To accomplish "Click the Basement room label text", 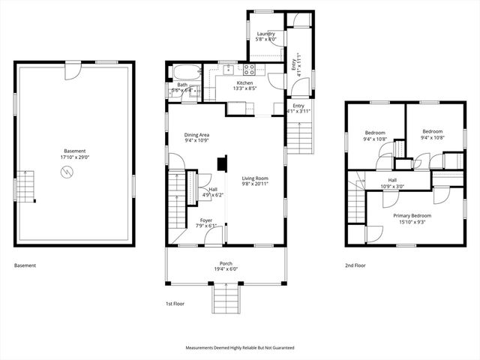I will tap(74, 151).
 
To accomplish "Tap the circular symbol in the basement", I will tap(68, 172).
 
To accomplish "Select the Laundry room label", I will tap(265, 34).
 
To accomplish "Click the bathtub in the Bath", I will tap(187, 73).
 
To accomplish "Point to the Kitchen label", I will tap(245, 82).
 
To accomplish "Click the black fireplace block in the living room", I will tap(222, 164).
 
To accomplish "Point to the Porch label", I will tap(226, 264).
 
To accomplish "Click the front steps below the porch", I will tap(226, 299).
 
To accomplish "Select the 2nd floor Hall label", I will tap(392, 180).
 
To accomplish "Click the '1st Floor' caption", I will tap(175, 304).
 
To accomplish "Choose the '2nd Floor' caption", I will tap(355, 265).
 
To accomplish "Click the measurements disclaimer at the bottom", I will tap(240, 348).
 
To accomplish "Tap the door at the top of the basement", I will tap(72, 71).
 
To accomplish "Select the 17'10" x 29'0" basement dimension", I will tap(74, 157).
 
